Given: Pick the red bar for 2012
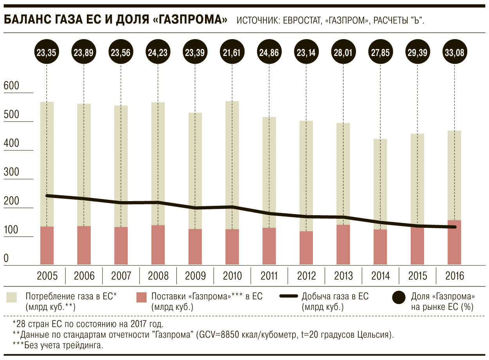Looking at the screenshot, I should pyautogui.click(x=306, y=248).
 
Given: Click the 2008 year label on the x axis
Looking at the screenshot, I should pyautogui.click(x=158, y=276).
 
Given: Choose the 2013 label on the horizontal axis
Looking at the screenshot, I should pyautogui.click(x=343, y=276).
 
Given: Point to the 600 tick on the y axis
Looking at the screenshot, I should pyautogui.click(x=11, y=86).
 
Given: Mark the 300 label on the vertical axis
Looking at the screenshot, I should pyautogui.click(x=11, y=173).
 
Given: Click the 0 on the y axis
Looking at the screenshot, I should pyautogui.click(x=6, y=259).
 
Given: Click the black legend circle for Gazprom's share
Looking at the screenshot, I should pyautogui.click(x=399, y=299).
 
